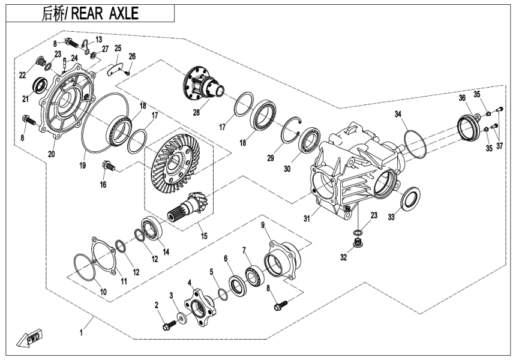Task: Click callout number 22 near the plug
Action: tap(22, 75)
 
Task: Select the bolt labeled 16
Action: tap(109, 164)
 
